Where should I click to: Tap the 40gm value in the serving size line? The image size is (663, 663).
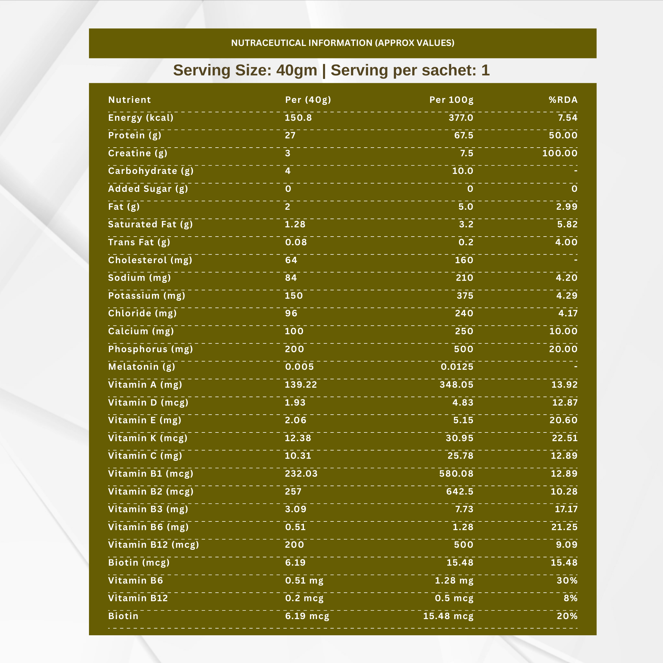coord(296,70)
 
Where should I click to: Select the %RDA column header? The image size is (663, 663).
coord(563,100)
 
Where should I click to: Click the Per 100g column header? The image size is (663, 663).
coord(451,100)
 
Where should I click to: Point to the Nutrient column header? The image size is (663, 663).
coord(129,100)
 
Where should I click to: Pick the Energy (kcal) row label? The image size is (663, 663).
coord(141,118)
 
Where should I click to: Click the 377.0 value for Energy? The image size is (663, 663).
coord(461,118)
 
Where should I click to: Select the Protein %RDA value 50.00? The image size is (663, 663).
coord(563,135)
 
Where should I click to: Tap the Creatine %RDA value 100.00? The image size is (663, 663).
coord(560,153)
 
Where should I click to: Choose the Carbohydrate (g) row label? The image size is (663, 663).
coord(151,171)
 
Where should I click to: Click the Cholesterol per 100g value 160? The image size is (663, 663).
coord(464,260)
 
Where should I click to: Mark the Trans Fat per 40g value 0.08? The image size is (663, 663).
coord(296,242)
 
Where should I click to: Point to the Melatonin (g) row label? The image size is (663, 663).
coord(141,367)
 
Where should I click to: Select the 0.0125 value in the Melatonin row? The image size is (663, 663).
coord(457,367)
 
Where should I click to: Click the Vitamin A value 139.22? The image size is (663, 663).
coord(301,385)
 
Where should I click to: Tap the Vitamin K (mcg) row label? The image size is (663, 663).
coord(148,438)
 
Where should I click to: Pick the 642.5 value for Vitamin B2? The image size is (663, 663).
coord(460,491)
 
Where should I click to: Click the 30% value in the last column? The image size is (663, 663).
coord(567,581)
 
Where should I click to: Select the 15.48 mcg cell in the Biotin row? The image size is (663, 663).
coord(448,616)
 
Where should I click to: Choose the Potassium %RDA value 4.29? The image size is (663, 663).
coord(567,296)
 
